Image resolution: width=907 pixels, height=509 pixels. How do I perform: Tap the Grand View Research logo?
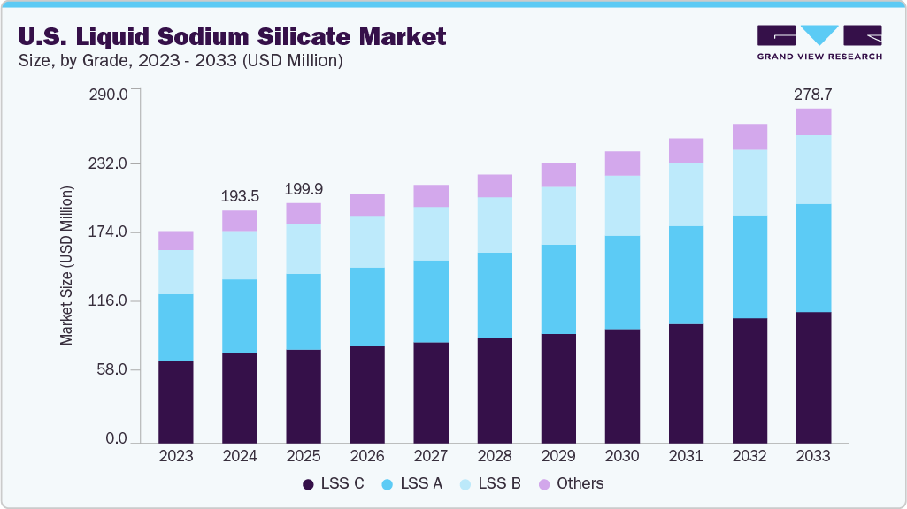[x=819, y=42]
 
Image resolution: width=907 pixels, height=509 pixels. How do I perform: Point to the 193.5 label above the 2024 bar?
[x=240, y=194]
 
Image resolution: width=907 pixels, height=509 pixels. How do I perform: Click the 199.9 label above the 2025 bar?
[x=304, y=188]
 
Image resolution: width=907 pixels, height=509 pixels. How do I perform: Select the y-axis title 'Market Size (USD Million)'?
[x=67, y=266]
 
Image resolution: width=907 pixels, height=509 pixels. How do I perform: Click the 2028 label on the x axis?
[x=495, y=457]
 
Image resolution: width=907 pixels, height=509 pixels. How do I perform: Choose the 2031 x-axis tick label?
[x=686, y=457]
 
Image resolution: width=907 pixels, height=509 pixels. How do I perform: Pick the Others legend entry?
[x=571, y=483]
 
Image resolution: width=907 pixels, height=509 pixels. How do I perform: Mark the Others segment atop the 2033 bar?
[x=813, y=122]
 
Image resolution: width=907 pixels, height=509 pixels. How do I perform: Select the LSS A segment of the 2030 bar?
[x=622, y=282]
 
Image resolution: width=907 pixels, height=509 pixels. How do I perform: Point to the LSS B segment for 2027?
[x=431, y=233]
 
